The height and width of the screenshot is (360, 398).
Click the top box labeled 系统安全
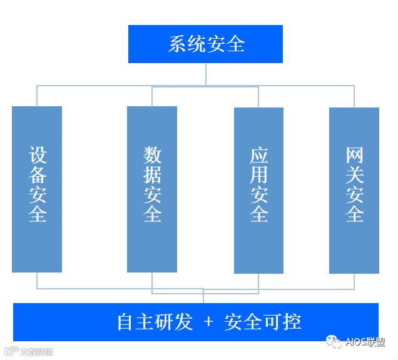click(x=205, y=44)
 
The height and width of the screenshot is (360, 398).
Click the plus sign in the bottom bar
click(x=209, y=322)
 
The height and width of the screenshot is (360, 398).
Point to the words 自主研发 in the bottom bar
click(x=155, y=322)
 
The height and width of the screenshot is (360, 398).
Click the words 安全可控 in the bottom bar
click(x=263, y=322)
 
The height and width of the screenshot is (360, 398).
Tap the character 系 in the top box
click(x=177, y=44)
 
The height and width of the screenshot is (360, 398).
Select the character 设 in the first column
click(x=38, y=156)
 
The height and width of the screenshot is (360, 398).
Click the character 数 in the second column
click(x=152, y=155)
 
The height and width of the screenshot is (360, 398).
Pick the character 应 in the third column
click(x=258, y=156)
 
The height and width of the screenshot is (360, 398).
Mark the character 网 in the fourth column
click(x=354, y=156)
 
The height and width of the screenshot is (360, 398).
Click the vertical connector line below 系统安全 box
click(x=205, y=74)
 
